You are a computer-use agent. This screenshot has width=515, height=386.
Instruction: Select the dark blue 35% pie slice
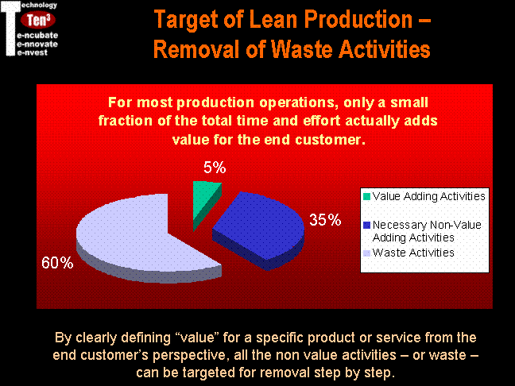260,226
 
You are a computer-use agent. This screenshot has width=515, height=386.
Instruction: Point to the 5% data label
215,168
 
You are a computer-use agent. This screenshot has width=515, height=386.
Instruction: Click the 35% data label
325,219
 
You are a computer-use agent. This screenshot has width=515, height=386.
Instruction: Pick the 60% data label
57,263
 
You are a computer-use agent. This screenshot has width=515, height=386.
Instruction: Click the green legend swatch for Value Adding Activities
367,196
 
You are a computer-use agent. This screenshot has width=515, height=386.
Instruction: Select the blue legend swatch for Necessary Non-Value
367,226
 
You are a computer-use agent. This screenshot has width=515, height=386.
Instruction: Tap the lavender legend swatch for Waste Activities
367,253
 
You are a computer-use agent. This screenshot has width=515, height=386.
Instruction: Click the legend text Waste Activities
413,253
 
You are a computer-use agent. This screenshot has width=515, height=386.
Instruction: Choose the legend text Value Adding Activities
429,196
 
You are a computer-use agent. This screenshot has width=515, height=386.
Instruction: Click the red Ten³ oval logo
38,20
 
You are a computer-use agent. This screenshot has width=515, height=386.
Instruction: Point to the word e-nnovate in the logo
37,44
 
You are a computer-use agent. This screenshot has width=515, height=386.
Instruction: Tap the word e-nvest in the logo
32,52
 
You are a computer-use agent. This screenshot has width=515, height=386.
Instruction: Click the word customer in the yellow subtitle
330,140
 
